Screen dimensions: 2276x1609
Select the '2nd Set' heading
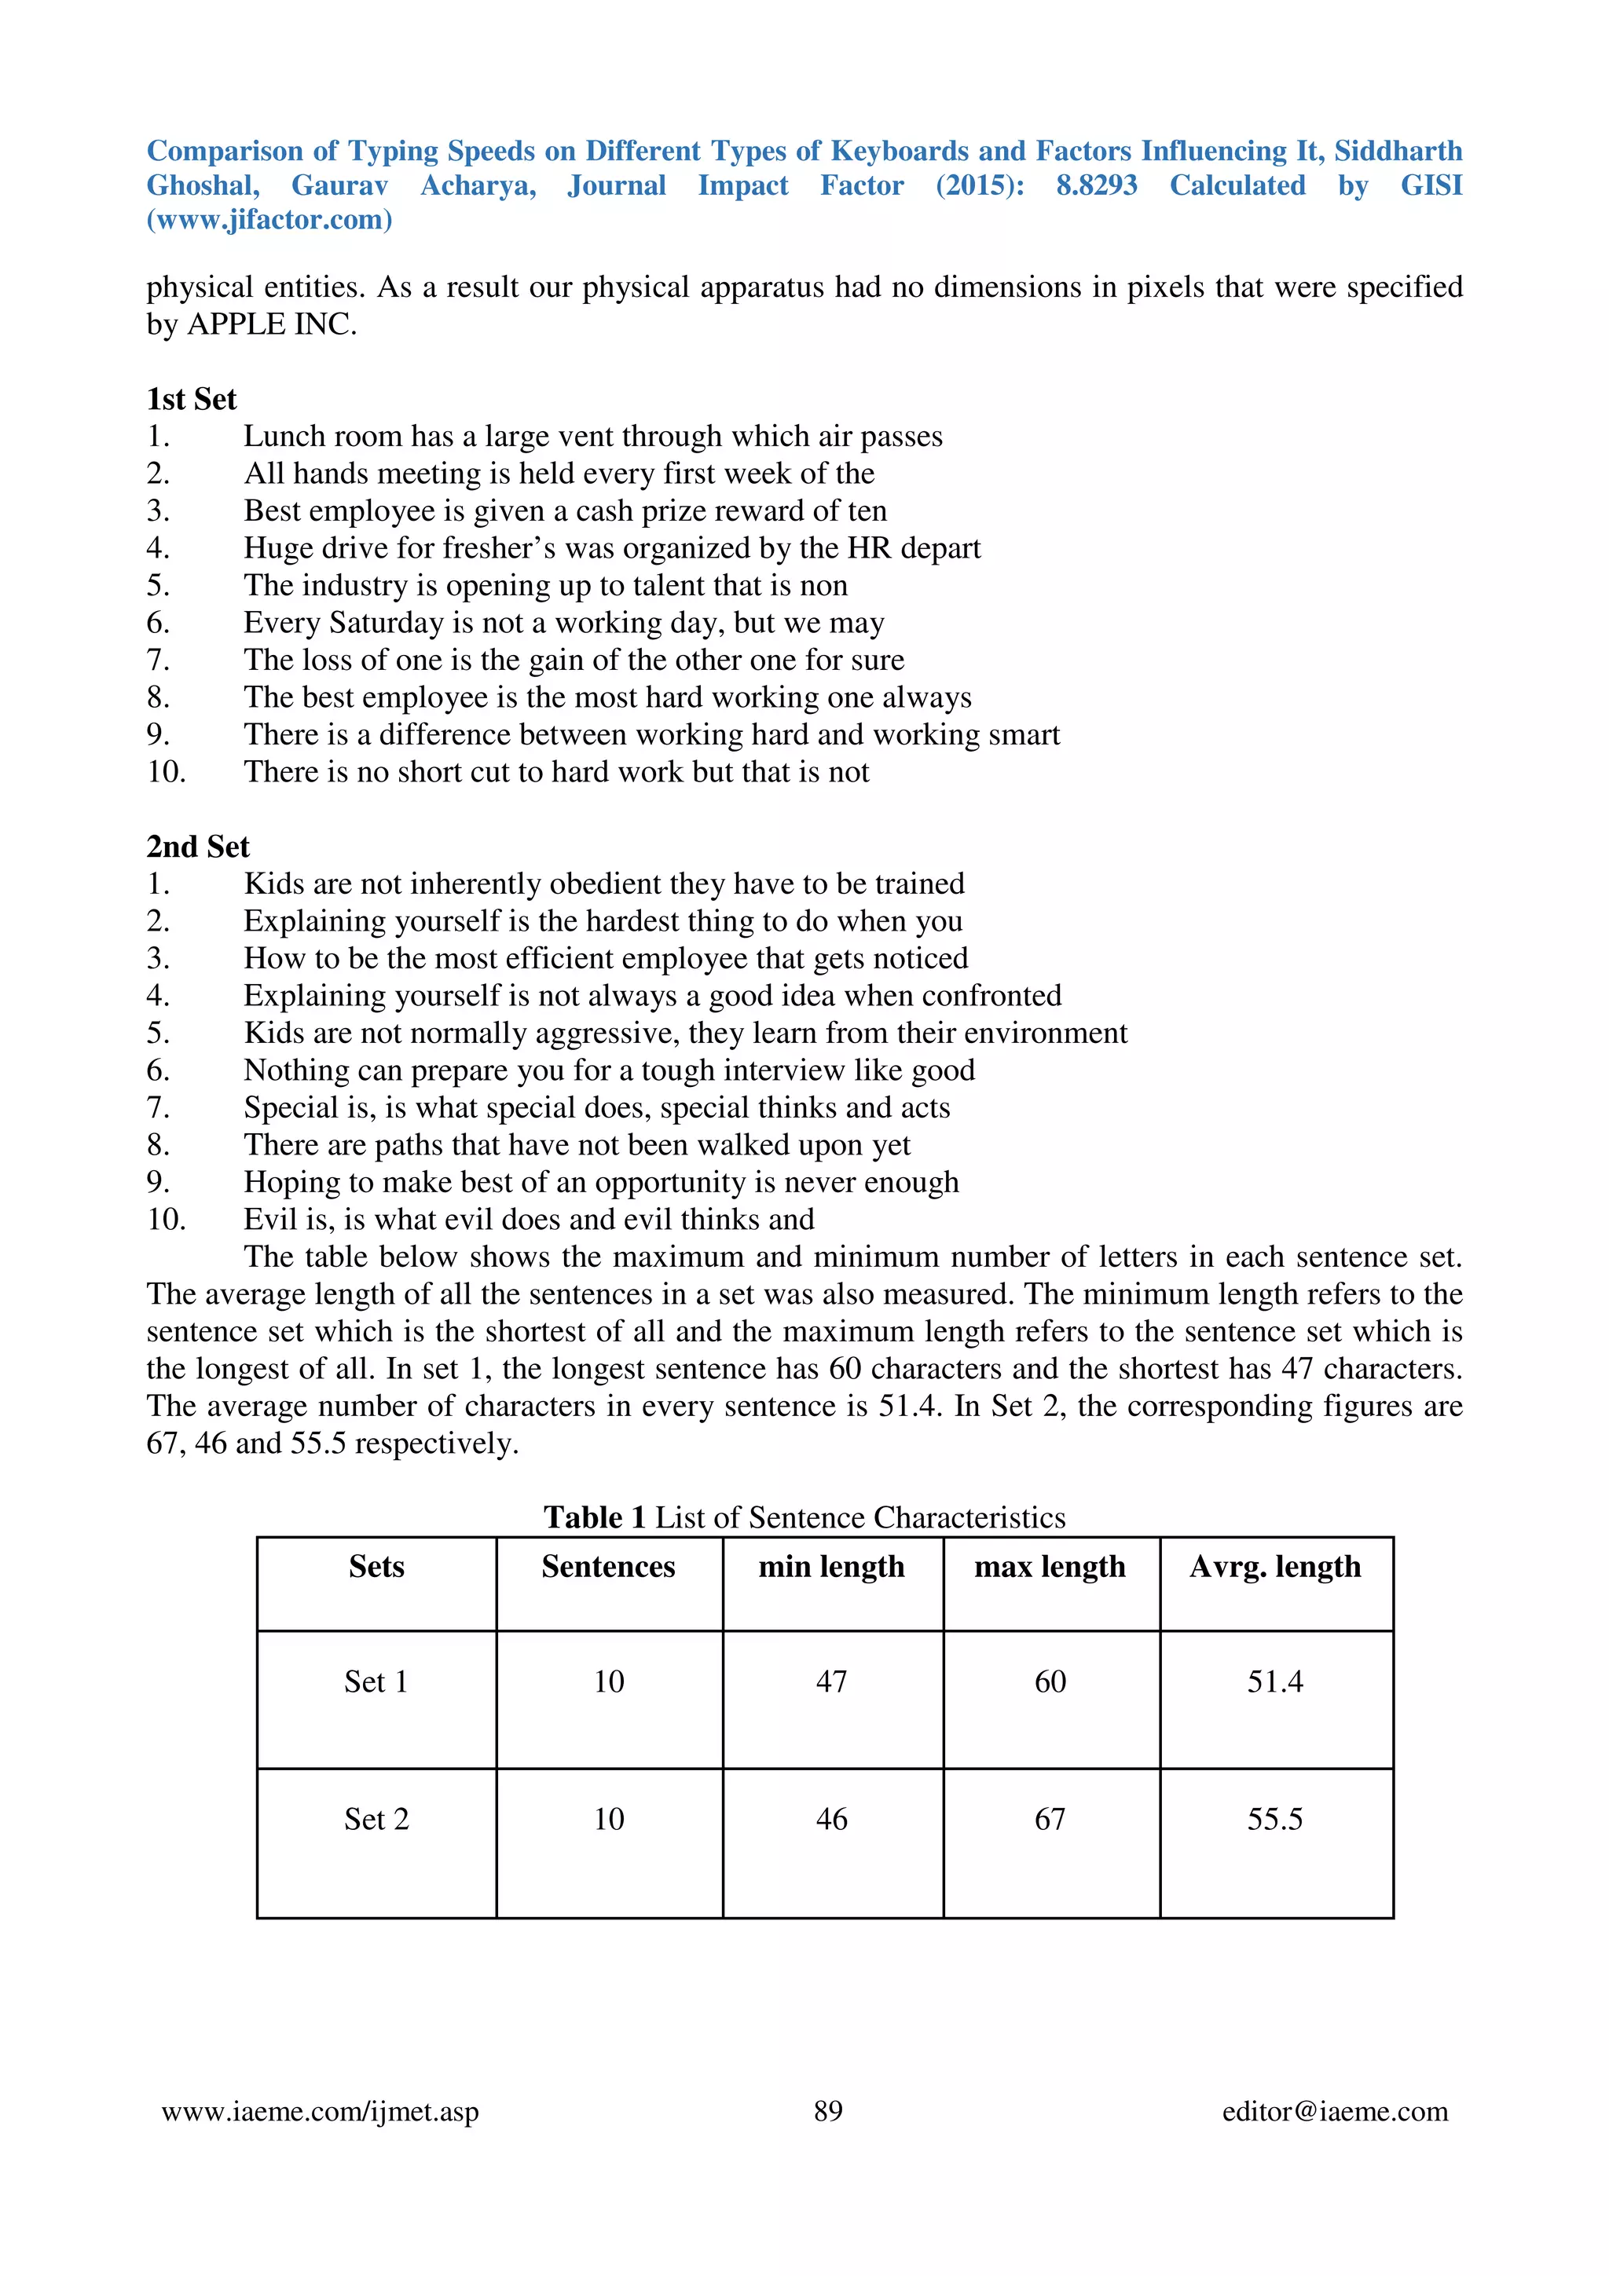(x=197, y=846)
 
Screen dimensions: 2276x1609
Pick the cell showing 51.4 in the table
(x=1275, y=1681)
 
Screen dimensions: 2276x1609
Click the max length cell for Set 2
(x=1050, y=1819)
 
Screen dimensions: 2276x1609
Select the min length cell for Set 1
(x=830, y=1681)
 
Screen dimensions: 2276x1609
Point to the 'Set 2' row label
(x=376, y=1819)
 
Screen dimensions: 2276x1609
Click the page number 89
(x=828, y=2110)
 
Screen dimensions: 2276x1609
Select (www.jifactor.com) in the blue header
(x=269, y=219)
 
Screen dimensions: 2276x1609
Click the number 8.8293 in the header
(x=1097, y=185)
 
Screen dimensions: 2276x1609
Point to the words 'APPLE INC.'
(x=272, y=324)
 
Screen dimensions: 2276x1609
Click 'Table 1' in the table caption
(x=594, y=1517)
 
